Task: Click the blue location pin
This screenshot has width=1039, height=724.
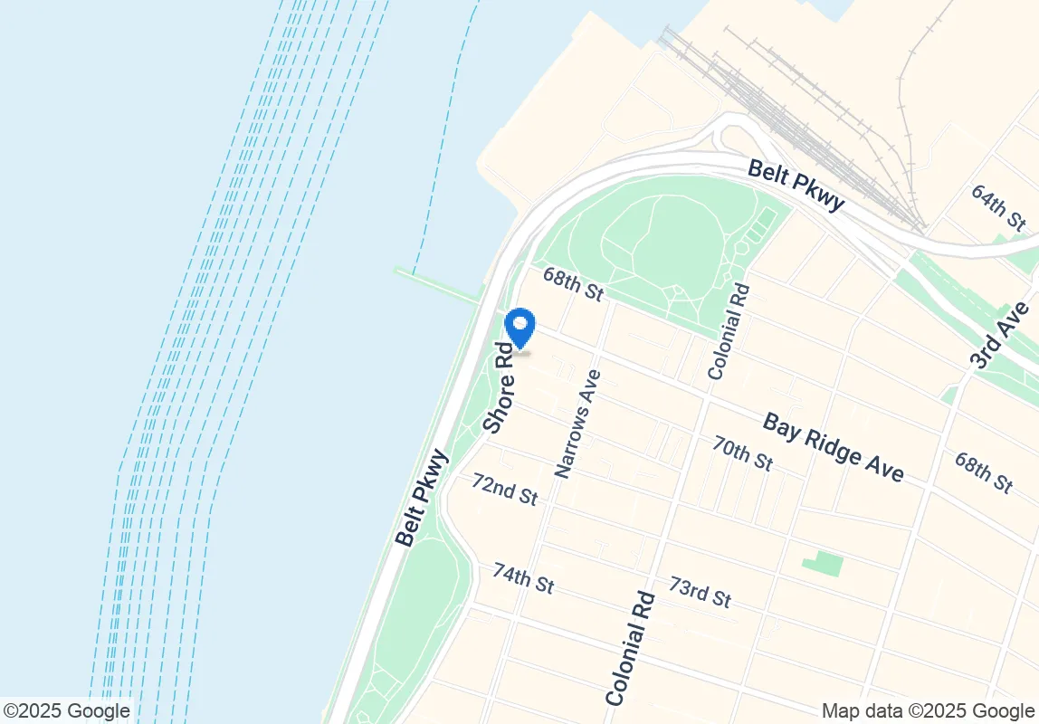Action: point(520,328)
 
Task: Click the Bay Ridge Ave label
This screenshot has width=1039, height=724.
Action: point(833,447)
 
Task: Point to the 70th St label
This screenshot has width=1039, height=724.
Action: point(741,452)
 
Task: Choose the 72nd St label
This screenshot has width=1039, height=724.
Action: point(504,488)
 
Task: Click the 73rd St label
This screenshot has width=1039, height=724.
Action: point(700,592)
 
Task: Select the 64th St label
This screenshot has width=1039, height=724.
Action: point(997,206)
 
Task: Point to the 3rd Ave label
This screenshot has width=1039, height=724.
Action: point(1000,335)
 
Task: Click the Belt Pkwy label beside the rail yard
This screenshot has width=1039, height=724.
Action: point(796,186)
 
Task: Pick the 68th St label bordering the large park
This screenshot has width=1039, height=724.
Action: point(572,283)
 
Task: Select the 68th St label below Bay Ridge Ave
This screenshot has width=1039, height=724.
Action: point(983,472)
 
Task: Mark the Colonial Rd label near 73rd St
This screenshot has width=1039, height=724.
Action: point(630,648)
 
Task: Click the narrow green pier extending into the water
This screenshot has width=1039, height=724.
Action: point(439,284)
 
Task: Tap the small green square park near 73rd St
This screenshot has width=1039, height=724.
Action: point(822,564)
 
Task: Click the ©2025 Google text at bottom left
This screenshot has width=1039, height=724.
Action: point(66,711)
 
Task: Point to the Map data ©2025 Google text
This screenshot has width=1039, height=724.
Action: point(928,711)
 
